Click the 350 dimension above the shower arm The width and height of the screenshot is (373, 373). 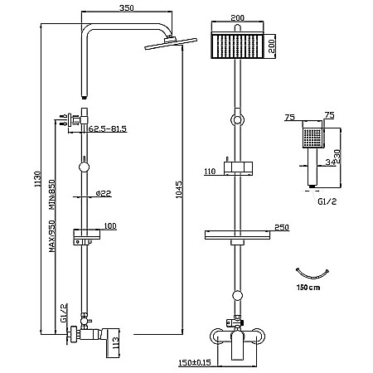[x=126, y=7]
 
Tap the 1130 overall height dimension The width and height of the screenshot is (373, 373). [x=37, y=179]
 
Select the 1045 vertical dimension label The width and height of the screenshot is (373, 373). [x=179, y=189]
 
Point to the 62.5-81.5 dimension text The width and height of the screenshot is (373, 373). [x=107, y=128]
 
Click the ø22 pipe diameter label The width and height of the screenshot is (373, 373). [x=104, y=193]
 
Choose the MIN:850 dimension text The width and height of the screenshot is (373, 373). [x=52, y=195]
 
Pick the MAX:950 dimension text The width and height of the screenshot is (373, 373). [x=52, y=236]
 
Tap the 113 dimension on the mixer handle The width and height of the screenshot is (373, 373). [x=115, y=343]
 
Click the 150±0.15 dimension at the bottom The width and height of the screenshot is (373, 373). [x=195, y=362]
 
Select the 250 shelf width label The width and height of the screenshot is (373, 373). [x=282, y=227]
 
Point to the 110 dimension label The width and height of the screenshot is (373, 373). [x=210, y=172]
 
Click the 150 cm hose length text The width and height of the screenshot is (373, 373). [x=308, y=288]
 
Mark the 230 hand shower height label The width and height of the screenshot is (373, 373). [x=337, y=157]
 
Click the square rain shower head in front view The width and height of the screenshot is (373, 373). [x=237, y=46]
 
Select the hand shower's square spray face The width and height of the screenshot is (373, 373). [x=312, y=138]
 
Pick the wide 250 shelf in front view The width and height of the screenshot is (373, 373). [x=238, y=235]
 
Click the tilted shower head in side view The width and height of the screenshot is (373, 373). [x=171, y=43]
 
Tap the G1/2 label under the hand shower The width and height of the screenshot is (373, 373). [x=327, y=201]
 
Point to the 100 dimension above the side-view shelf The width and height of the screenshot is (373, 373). [x=110, y=226]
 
